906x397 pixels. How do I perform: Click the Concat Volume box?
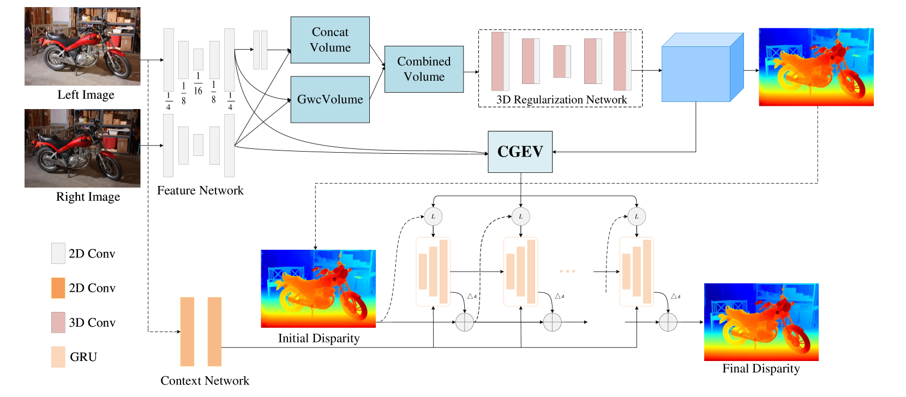(330, 40)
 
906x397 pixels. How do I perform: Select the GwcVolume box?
(330, 99)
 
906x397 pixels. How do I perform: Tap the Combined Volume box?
(424, 69)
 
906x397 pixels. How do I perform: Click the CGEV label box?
(520, 152)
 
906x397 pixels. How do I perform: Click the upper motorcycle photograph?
(82, 46)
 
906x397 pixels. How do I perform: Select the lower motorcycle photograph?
(82, 148)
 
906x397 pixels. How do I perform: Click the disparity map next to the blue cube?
(816, 67)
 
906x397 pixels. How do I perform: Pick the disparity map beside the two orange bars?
(318, 288)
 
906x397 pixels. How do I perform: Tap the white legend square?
(58, 254)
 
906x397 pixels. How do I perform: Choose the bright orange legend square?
(58, 288)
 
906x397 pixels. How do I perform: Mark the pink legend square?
(58, 322)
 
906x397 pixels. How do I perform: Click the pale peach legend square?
(58, 357)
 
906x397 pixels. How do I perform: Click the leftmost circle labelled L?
(433, 216)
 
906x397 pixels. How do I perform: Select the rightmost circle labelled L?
(637, 216)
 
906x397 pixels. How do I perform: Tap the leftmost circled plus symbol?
(465, 322)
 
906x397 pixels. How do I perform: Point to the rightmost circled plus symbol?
(668, 322)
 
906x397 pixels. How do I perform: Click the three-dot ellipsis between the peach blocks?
(567, 271)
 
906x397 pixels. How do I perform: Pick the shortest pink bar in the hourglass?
(560, 62)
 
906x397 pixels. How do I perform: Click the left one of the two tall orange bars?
(187, 332)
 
